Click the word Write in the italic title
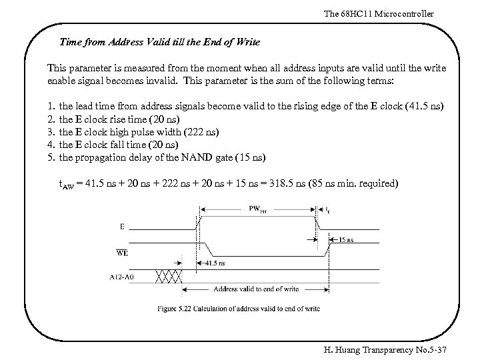tap(246, 42)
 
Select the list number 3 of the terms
tap(51, 131)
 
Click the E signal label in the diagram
tap(121, 227)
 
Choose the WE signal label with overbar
tap(122, 252)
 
